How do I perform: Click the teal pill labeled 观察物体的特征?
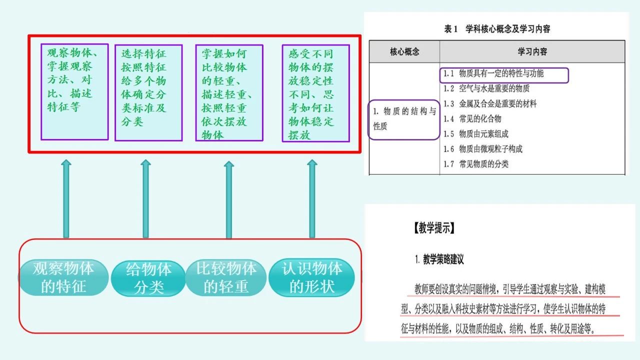click(x=63, y=277)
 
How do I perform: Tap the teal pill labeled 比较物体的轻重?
click(x=226, y=277)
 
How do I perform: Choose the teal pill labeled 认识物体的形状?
click(x=312, y=277)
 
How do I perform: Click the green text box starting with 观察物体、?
click(x=74, y=92)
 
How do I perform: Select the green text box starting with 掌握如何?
click(x=229, y=93)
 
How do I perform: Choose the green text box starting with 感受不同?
click(x=315, y=93)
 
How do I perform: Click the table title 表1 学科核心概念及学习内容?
click(x=497, y=29)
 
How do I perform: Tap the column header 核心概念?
click(x=404, y=51)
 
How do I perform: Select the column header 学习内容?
click(x=532, y=51)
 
